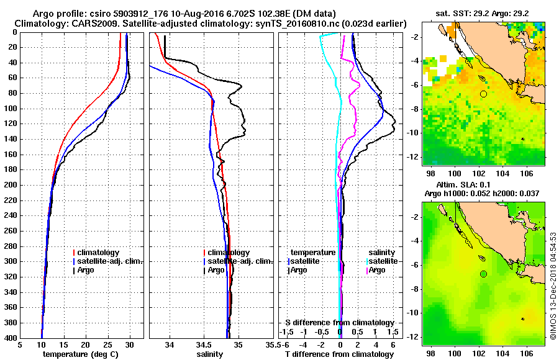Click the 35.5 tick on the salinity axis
tap(270, 346)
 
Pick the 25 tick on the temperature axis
tap(107, 346)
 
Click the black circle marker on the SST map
tap(483, 94)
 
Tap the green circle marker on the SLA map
tap(483, 274)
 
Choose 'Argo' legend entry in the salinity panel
tap(216, 270)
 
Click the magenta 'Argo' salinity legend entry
tap(378, 270)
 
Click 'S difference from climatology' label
tap(339, 323)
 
